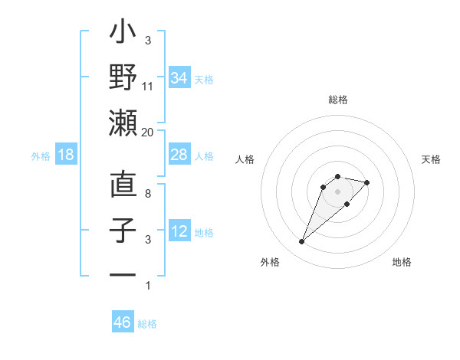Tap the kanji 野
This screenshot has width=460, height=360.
click(123, 77)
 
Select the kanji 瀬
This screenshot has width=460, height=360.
click(123, 123)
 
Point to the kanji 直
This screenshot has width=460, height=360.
click(123, 185)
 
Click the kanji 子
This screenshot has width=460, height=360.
click(123, 231)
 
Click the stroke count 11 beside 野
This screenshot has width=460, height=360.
click(148, 87)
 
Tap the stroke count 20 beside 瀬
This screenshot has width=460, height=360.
click(148, 132)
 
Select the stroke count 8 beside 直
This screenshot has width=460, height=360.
click(148, 194)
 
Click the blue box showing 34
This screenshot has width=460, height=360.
click(179, 77)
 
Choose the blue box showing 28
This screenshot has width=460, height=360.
click(179, 155)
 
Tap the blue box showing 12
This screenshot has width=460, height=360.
click(179, 231)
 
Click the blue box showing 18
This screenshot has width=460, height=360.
click(66, 155)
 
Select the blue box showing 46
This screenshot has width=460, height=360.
click(122, 322)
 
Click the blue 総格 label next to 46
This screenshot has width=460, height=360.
click(147, 324)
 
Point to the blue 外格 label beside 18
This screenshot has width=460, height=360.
click(41, 156)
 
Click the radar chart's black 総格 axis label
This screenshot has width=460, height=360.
click(337, 100)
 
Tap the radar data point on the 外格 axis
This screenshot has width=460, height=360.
click(301, 242)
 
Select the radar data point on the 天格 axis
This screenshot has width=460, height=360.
click(367, 182)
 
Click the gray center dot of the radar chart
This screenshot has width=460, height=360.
click(337, 191)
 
